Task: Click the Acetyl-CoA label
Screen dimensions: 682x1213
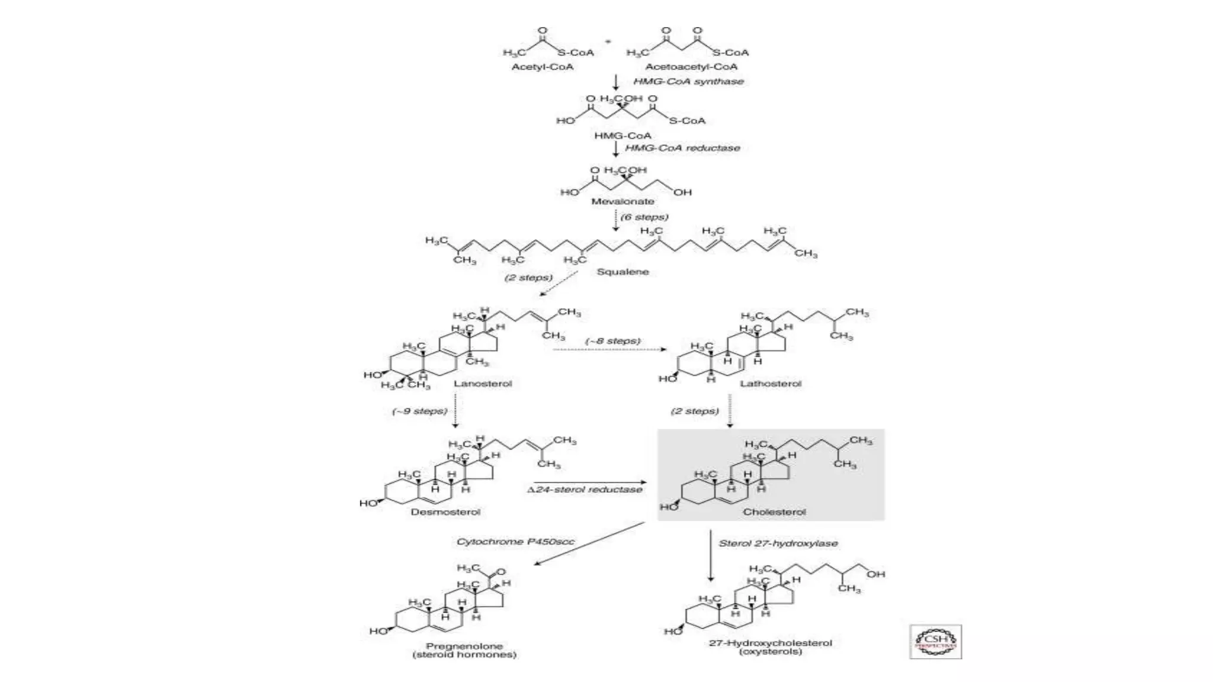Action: (x=542, y=66)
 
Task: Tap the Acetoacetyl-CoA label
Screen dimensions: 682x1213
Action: (x=691, y=66)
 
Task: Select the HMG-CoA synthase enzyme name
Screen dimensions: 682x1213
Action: (x=688, y=81)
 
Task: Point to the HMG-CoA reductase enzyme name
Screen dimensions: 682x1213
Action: (x=682, y=147)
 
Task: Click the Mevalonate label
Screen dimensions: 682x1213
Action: (x=622, y=201)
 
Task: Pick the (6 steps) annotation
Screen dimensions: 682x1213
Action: (x=644, y=217)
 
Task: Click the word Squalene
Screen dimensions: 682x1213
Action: (x=622, y=272)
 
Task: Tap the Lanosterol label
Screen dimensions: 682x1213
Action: (x=483, y=384)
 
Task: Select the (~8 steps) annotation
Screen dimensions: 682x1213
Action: (x=613, y=341)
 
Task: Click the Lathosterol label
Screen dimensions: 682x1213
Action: (x=770, y=384)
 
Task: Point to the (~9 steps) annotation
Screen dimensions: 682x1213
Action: (x=420, y=411)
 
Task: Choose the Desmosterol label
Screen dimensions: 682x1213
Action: (x=445, y=512)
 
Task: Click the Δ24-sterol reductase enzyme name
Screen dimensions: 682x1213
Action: (x=585, y=490)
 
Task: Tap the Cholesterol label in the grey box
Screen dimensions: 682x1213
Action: (x=774, y=512)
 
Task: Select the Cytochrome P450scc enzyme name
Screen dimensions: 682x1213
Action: (x=515, y=542)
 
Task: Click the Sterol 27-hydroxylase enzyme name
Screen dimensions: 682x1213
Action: (x=778, y=543)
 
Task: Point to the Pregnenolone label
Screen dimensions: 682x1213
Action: (x=464, y=646)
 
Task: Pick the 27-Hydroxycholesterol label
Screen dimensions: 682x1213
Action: (x=771, y=643)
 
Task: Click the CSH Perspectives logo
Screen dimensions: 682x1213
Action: (x=936, y=642)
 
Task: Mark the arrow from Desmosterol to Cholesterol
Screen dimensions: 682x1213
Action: (x=589, y=482)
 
